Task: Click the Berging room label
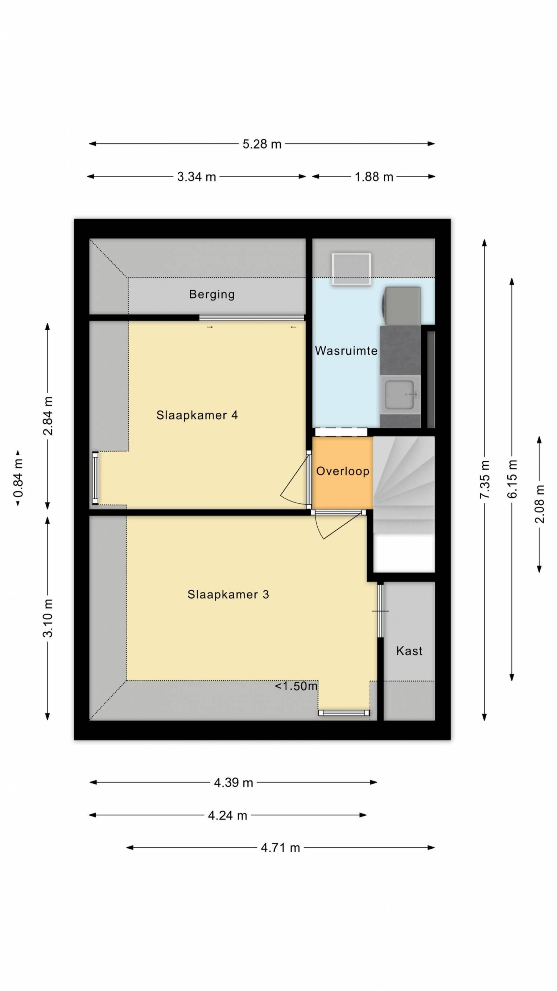tap(212, 294)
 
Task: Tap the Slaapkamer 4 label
tap(197, 415)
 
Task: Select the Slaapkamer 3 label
tap(228, 594)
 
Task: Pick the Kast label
tap(409, 651)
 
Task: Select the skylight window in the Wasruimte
tap(351, 269)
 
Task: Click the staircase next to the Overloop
tap(404, 485)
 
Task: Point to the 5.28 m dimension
tap(262, 144)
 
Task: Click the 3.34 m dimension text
tap(197, 177)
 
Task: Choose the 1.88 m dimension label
tap(374, 177)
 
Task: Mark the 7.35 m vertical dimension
tap(485, 480)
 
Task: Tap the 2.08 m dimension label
tap(540, 504)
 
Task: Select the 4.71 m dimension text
tap(280, 848)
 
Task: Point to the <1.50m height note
tap(296, 686)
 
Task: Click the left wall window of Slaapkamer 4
tap(95, 478)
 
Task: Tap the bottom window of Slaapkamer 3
tap(344, 713)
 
